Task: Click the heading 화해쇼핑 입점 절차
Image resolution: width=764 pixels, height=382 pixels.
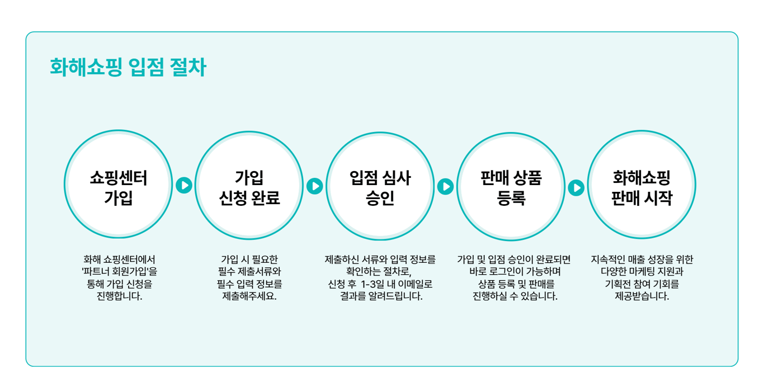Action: click(128, 68)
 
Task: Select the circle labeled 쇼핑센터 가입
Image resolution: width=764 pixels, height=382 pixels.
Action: click(119, 185)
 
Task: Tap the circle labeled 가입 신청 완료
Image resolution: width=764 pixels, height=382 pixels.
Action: click(249, 185)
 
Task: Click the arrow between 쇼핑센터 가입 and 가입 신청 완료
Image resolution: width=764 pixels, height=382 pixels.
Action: click(184, 185)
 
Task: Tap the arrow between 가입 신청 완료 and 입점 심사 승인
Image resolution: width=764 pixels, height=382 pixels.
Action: click(315, 186)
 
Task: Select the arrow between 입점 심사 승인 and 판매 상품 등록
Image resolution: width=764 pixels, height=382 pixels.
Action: click(446, 186)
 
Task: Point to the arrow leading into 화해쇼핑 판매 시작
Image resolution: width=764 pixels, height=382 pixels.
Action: click(576, 187)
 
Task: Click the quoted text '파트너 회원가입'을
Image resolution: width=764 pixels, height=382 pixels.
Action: click(119, 272)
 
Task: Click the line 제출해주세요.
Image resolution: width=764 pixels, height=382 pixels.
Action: click(249, 296)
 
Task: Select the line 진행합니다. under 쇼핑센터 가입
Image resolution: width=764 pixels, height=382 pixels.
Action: click(119, 296)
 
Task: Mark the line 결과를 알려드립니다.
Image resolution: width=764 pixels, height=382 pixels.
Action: click(381, 296)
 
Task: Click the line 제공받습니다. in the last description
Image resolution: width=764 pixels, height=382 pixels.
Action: click(642, 296)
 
